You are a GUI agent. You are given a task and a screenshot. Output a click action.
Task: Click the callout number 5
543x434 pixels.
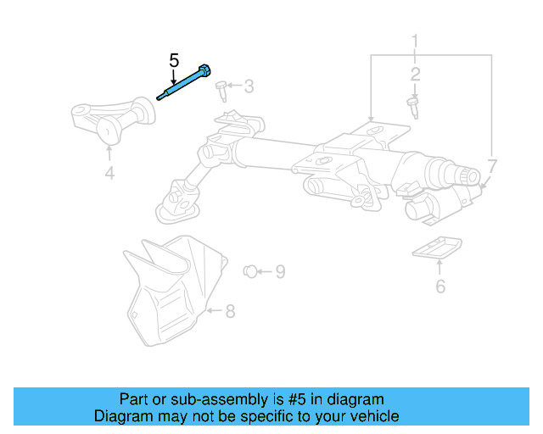coord(174,60)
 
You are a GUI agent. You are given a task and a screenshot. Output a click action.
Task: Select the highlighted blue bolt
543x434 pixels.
coord(183,83)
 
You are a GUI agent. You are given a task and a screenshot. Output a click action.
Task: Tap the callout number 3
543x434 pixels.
coord(249,86)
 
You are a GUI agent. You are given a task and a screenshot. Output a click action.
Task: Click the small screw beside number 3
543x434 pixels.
coord(221,86)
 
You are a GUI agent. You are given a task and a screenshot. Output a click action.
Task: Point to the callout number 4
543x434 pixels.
coord(109,175)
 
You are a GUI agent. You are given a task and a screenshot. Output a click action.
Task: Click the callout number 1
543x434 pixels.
coord(416,40)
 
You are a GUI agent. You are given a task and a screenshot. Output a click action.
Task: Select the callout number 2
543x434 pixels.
coord(416,75)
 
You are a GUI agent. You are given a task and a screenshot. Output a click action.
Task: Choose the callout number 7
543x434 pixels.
coord(493,165)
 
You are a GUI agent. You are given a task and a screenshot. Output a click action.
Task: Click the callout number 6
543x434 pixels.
coord(439,287)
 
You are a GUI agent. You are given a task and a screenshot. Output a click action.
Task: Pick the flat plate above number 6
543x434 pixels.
coord(437,248)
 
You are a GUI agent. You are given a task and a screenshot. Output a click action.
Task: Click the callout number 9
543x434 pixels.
coord(279,271)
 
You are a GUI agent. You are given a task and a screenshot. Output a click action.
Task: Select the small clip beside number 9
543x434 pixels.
coord(250,271)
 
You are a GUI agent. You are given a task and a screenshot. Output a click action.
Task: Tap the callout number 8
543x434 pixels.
coord(229,311)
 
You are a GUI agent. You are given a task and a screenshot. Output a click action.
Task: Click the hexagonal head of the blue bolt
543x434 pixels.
coord(206,70)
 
